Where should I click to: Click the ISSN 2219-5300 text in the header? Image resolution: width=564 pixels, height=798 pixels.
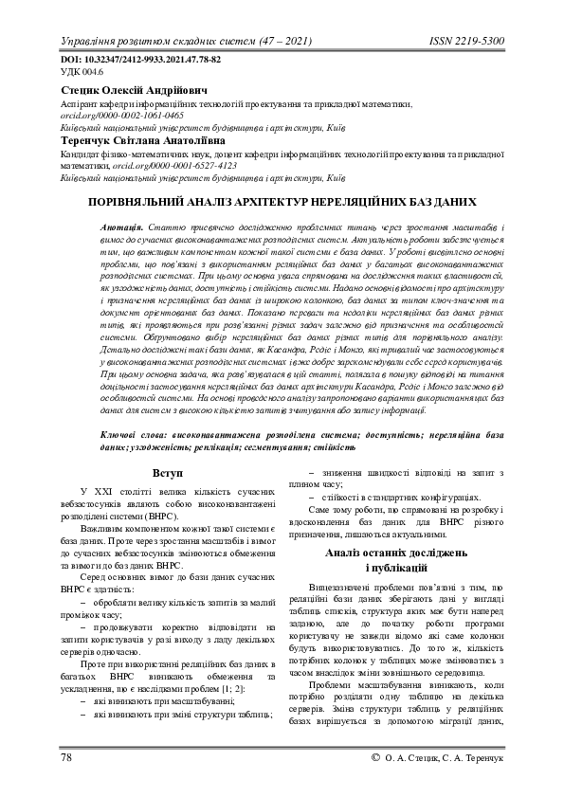click(x=466, y=44)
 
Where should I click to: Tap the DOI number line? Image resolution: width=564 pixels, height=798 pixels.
click(x=140, y=59)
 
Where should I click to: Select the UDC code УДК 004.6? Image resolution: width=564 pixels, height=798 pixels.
click(x=82, y=71)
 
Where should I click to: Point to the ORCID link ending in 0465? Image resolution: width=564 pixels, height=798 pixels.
click(x=121, y=115)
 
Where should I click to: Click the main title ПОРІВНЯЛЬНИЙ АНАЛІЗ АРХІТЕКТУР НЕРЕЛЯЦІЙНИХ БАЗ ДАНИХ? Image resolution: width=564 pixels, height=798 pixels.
click(x=282, y=202)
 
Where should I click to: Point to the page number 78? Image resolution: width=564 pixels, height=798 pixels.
click(x=67, y=759)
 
